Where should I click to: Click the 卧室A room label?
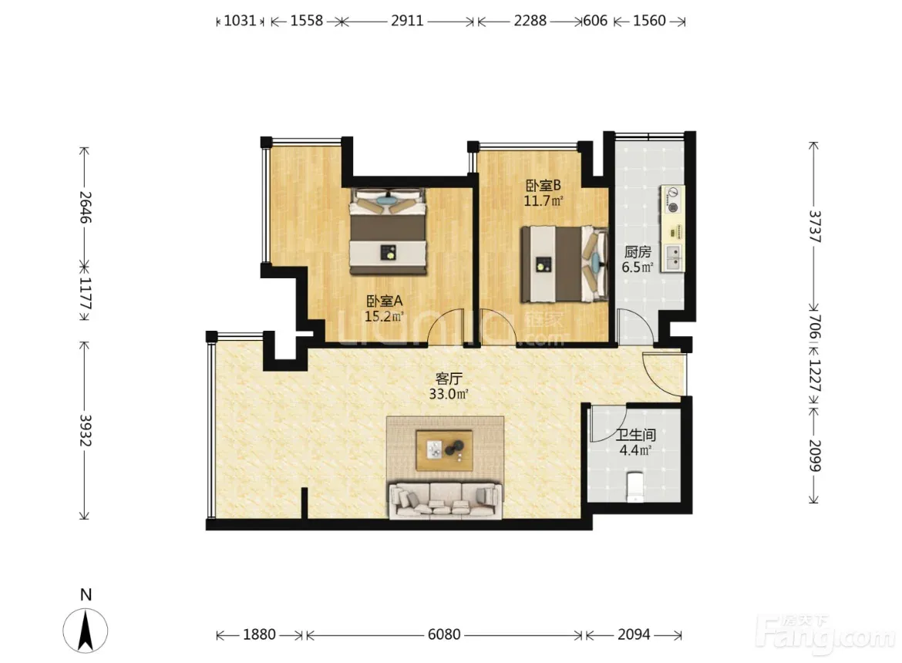pyautogui.click(x=384, y=301)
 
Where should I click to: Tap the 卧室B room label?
pyautogui.click(x=543, y=186)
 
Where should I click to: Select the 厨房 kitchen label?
pyautogui.click(x=638, y=252)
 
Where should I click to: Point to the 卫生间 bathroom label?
pyautogui.click(x=636, y=435)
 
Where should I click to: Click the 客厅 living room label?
pyautogui.click(x=449, y=379)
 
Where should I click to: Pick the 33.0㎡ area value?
pyautogui.click(x=449, y=394)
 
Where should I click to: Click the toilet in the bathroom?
pyautogui.click(x=634, y=486)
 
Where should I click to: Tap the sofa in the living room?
pyautogui.click(x=446, y=501)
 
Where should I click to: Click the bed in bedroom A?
pyautogui.click(x=389, y=231)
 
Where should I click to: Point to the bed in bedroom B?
pyautogui.click(x=564, y=264)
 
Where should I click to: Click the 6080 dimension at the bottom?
pyautogui.click(x=444, y=634)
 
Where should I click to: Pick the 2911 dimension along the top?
pyautogui.click(x=407, y=21)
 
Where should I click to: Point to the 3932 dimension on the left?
pyautogui.click(x=85, y=430)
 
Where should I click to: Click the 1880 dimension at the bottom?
pyautogui.click(x=260, y=634)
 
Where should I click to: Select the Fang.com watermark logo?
pyautogui.click(x=826, y=634)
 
